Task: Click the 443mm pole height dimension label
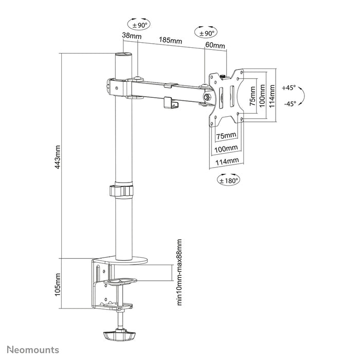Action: pyautogui.click(x=58, y=156)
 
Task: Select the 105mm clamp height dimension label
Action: pyautogui.click(x=58, y=285)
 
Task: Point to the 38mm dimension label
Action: pyautogui.click(x=131, y=36)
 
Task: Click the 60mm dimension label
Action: pyautogui.click(x=215, y=45)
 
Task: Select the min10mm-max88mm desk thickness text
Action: pyautogui.click(x=179, y=272)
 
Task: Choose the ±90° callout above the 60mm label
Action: pyautogui.click(x=205, y=33)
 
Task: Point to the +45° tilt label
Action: pyautogui.click(x=290, y=87)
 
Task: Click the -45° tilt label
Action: pyautogui.click(x=290, y=103)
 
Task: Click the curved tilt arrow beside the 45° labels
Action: pyautogui.click(x=303, y=96)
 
